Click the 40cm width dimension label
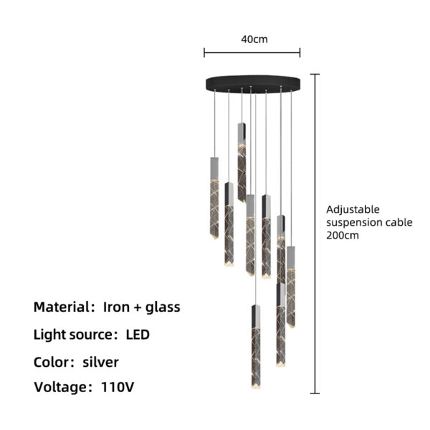[x=254, y=39]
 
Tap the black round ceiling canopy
[x=253, y=84]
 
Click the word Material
[x=61, y=307]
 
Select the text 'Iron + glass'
[x=141, y=307]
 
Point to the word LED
[x=138, y=334]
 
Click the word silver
[x=100, y=362]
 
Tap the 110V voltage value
[x=118, y=387]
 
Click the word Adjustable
[x=353, y=210]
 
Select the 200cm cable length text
[x=343, y=235]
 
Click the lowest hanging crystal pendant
[x=256, y=347]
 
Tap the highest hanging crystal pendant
[x=242, y=163]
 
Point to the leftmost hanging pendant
[x=214, y=198]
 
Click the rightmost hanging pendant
[x=291, y=287]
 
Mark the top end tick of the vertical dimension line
[x=315, y=74]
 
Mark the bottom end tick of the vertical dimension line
[x=315, y=393]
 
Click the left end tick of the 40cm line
[x=204, y=52]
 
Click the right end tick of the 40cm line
[x=300, y=52]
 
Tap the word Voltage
[x=61, y=387]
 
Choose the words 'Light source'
[x=73, y=334]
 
